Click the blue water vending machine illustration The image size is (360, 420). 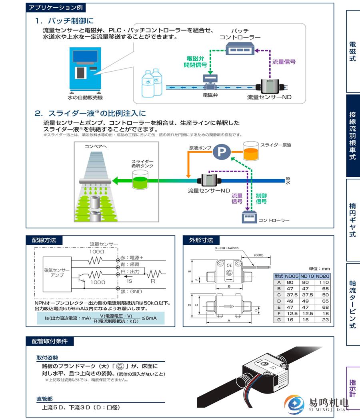point(85,70)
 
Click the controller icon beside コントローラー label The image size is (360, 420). point(249,218)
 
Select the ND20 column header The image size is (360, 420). point(322,276)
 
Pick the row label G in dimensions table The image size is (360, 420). point(279,320)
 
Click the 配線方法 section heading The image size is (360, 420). point(44,240)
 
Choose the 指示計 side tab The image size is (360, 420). point(353,388)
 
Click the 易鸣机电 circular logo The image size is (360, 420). point(294,404)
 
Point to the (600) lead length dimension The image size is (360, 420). point(258,255)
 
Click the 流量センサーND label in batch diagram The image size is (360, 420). point(269,97)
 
